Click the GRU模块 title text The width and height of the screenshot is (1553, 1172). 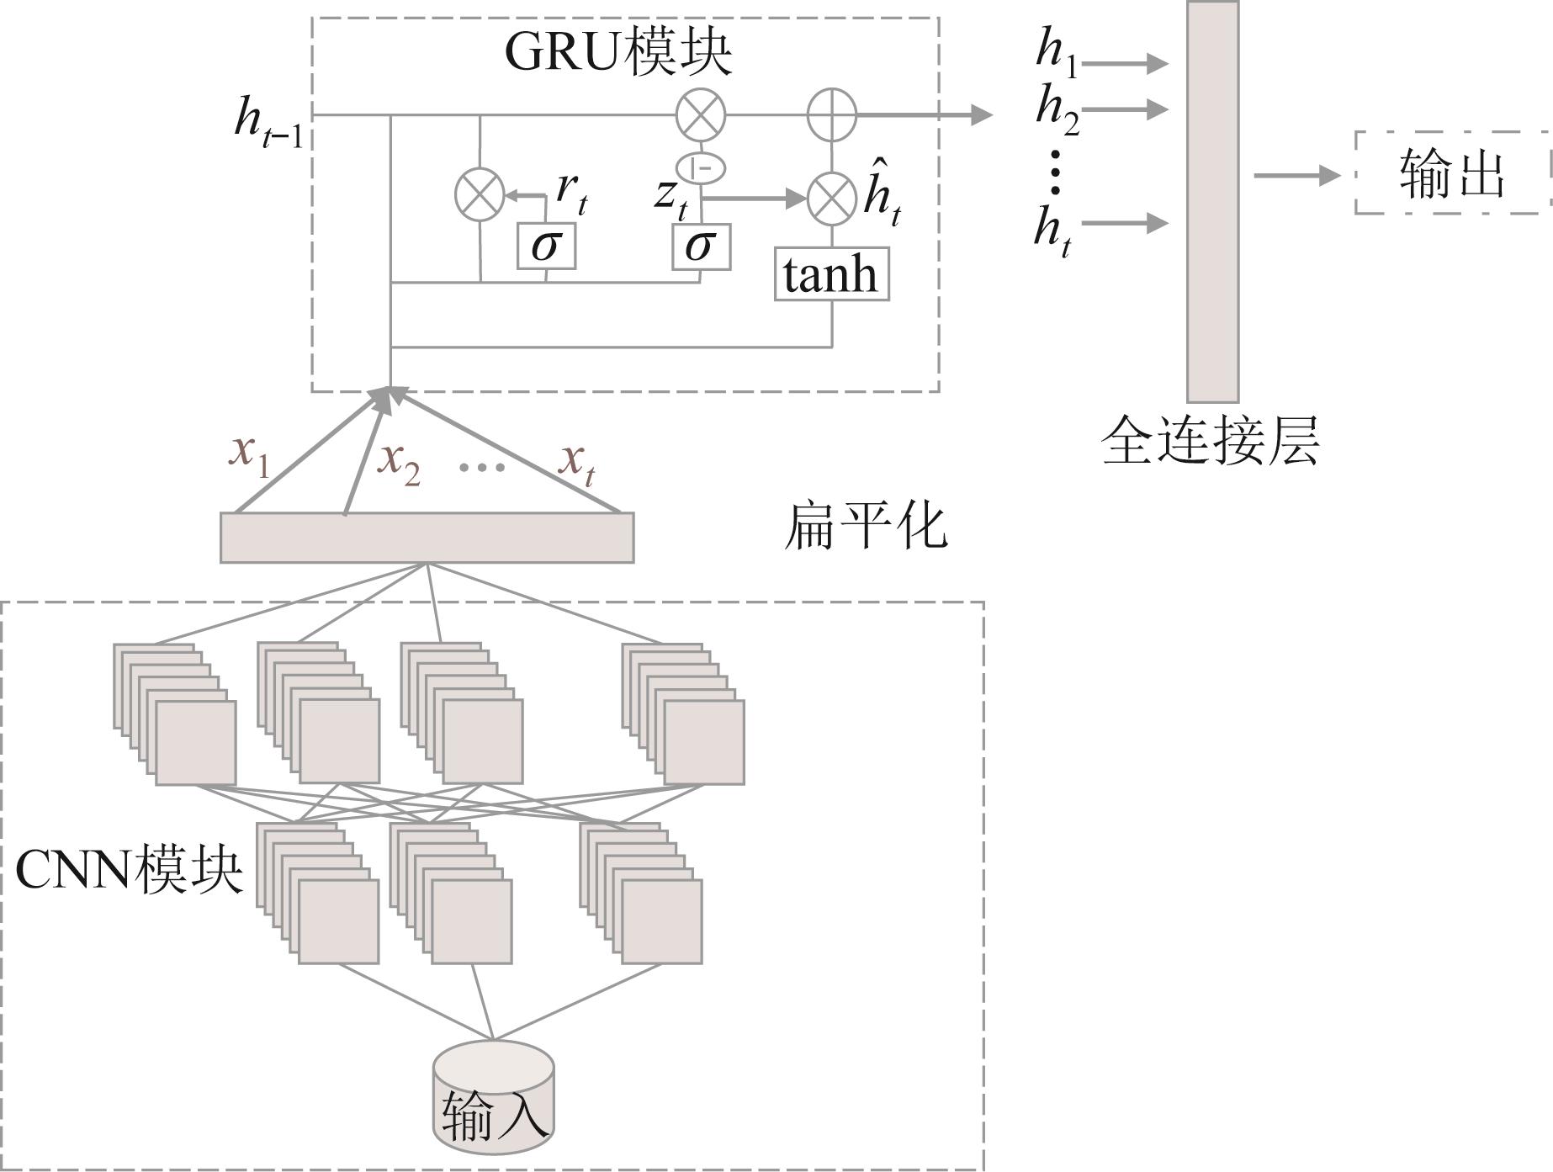618,51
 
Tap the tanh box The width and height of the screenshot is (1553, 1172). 831,274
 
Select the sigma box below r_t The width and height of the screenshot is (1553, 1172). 546,246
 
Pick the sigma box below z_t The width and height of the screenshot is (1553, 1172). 701,246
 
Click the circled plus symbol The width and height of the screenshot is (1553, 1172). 832,114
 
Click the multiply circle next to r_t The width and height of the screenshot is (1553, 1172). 480,194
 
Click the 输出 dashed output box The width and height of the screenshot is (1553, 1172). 1452,173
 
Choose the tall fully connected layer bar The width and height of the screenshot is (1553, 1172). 1212,202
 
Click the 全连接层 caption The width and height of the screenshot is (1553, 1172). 1210,440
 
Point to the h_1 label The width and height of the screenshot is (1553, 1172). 1057,52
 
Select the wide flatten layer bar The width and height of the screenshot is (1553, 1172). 427,538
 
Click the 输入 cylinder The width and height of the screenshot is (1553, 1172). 494,1099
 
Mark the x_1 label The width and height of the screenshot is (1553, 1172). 250,454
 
